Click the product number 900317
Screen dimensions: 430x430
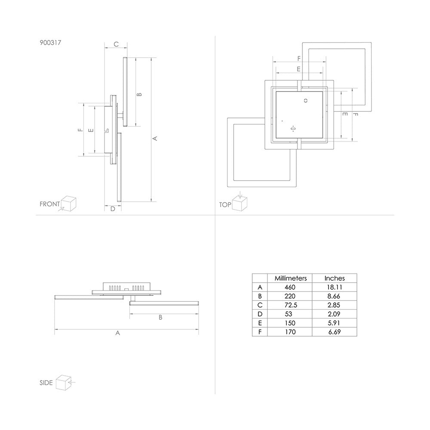click(50, 43)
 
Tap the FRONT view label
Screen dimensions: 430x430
click(49, 204)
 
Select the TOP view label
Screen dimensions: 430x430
click(225, 205)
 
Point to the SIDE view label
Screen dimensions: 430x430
click(46, 383)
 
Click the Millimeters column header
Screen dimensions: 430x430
click(291, 278)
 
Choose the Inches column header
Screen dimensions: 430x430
click(335, 278)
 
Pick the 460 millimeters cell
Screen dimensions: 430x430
click(290, 287)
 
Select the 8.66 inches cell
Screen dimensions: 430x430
click(334, 296)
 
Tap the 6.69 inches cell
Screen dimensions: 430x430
click(335, 332)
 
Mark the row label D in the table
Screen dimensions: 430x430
click(260, 314)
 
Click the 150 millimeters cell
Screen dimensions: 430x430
click(290, 323)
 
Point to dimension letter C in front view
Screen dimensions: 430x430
click(116, 44)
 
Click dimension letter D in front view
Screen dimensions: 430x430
click(113, 209)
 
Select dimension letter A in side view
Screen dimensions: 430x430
click(118, 333)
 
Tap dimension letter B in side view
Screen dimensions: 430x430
click(160, 317)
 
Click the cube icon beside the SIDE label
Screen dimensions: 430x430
click(64, 382)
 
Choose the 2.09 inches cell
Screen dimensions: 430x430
click(334, 314)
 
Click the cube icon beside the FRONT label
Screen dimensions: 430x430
click(68, 204)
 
